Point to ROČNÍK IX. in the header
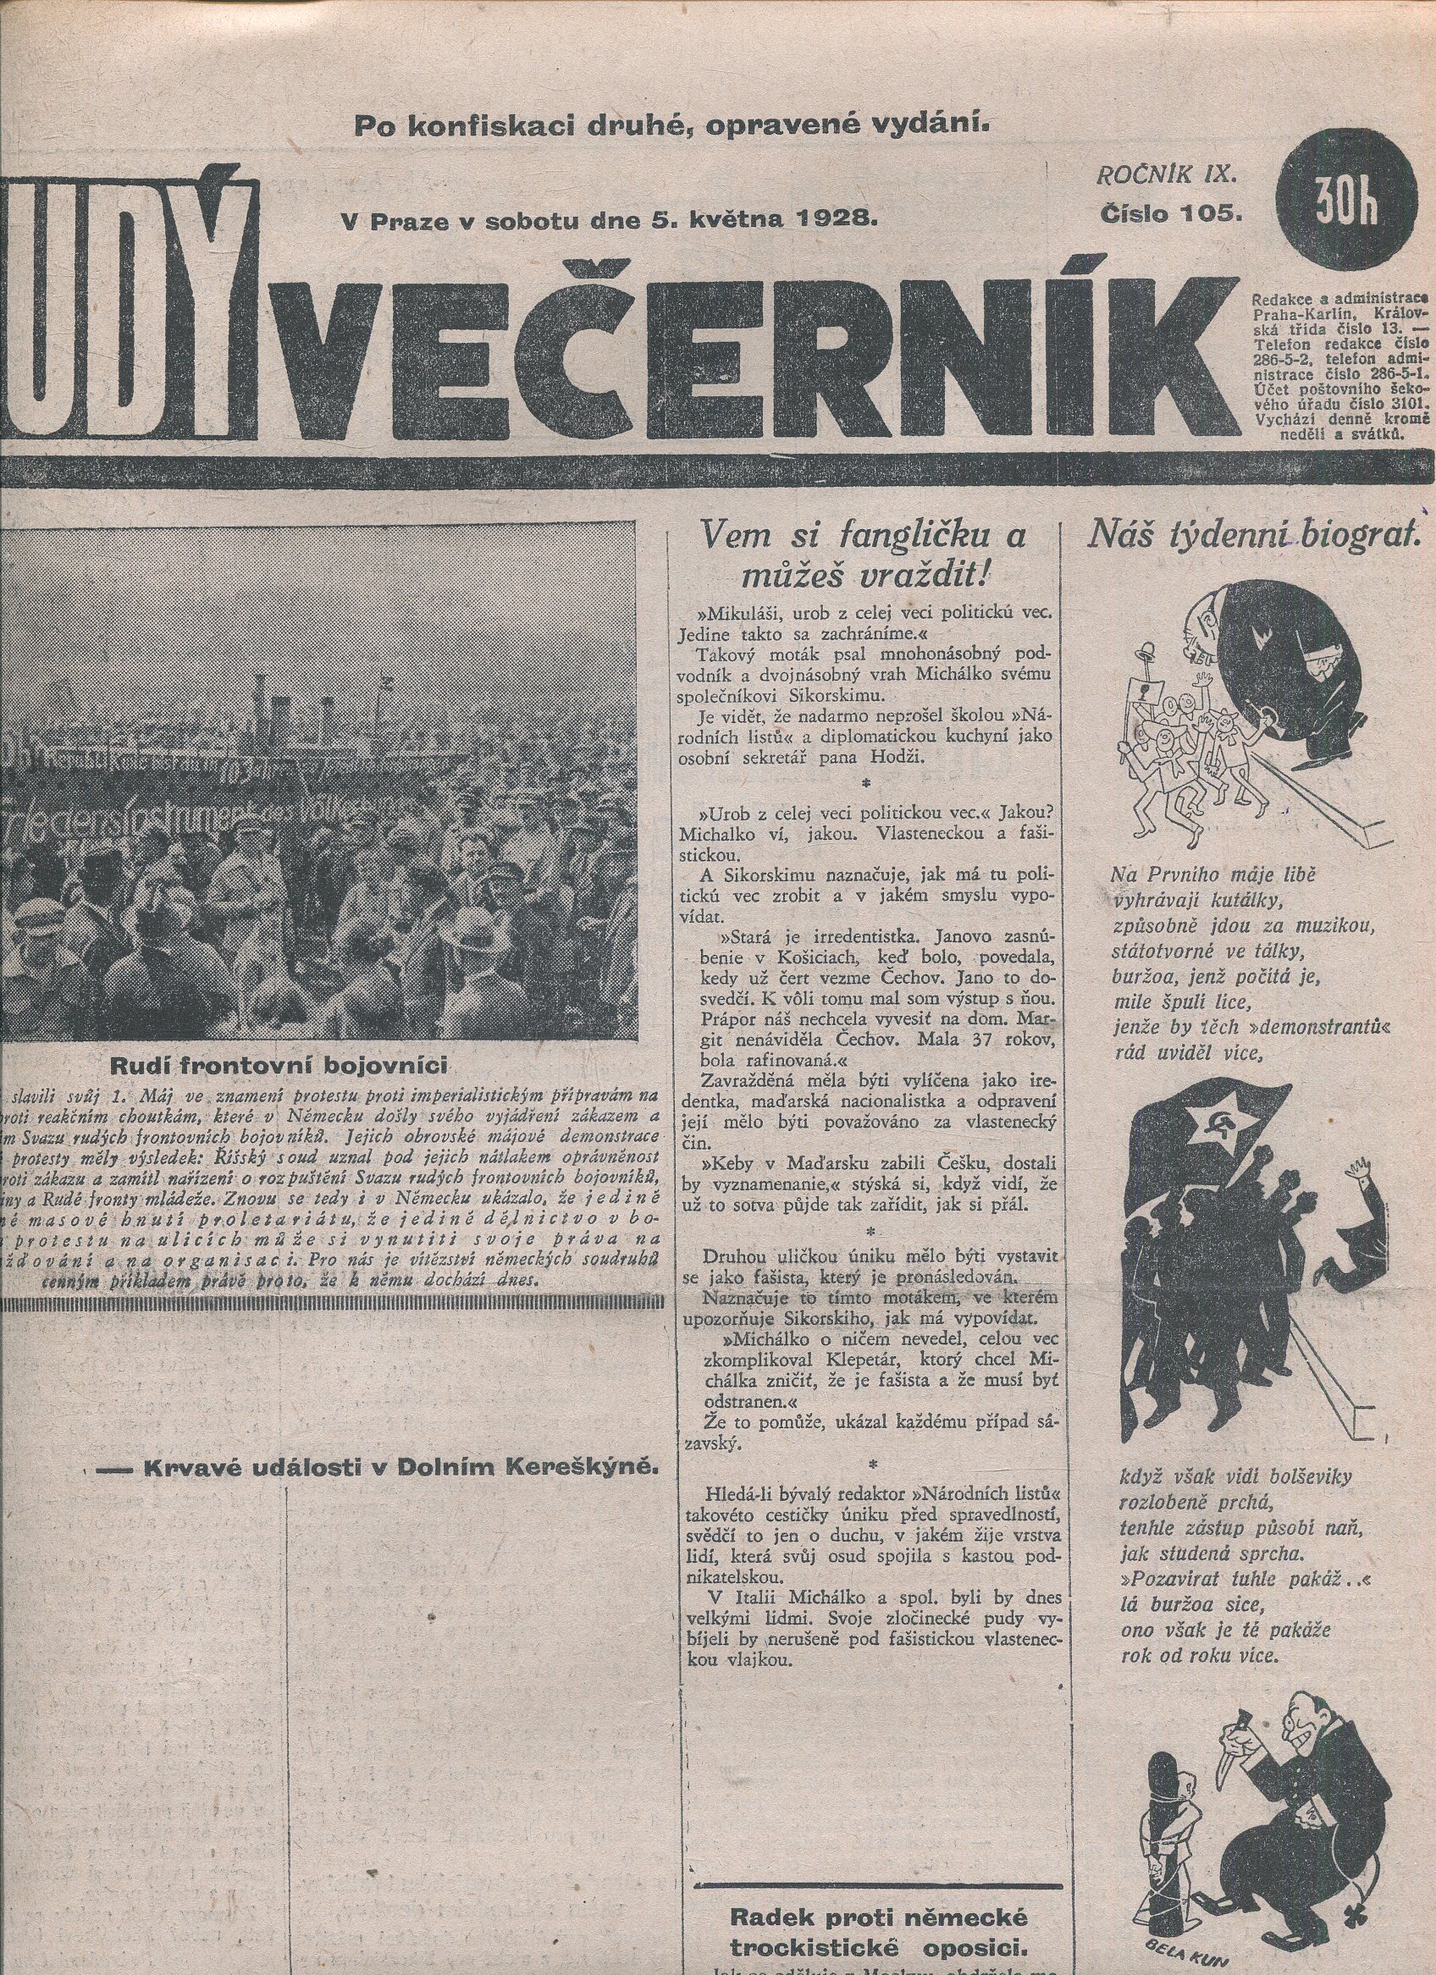point(1166,174)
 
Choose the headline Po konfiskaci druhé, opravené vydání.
point(672,124)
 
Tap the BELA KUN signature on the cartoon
point(1198,1955)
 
